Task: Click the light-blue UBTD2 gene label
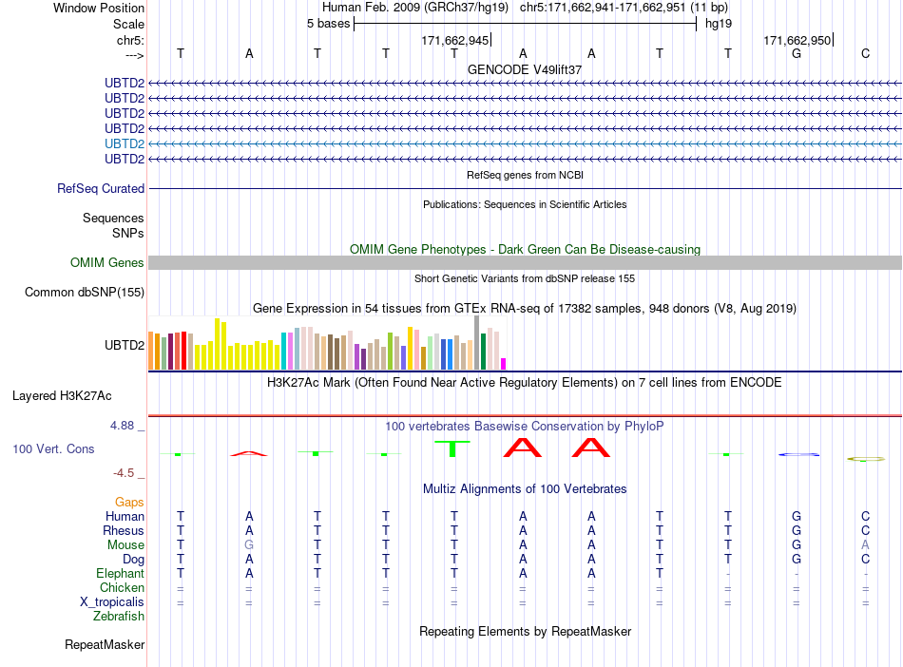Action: tap(125, 143)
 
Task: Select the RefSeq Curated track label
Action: tap(101, 189)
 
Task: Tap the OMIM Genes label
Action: tap(107, 263)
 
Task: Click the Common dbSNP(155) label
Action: tap(85, 293)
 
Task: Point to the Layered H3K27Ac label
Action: tap(62, 396)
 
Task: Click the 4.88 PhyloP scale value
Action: tap(122, 426)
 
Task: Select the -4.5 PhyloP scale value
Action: tap(124, 473)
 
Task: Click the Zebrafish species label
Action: tap(119, 617)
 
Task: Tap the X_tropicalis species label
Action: tap(112, 602)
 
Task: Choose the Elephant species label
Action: tap(121, 574)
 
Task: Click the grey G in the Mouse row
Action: tap(249, 545)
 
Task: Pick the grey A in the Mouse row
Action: tap(865, 545)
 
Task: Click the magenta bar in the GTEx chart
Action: tap(503, 364)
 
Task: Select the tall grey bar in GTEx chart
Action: tap(476, 342)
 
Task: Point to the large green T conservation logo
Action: tap(452, 448)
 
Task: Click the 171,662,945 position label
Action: tap(455, 40)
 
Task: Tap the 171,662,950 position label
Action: tap(797, 40)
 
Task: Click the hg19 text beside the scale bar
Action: tap(719, 24)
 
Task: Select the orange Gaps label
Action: tap(129, 503)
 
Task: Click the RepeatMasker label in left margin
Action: tap(105, 644)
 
